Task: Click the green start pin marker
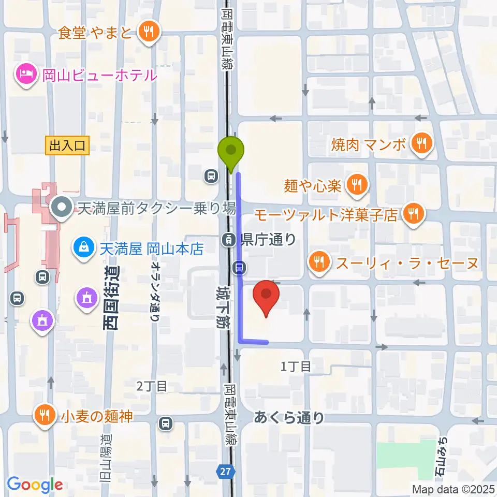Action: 231,152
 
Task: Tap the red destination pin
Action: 266,296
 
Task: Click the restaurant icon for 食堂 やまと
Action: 149,33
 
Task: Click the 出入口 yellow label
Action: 67,145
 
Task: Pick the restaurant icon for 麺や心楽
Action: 356,184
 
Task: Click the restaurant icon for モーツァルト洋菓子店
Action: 413,214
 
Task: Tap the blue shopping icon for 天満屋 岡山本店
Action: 83,247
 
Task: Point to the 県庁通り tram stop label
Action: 269,239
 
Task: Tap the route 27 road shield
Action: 226,471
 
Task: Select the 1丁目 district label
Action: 296,367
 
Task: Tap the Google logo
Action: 35,485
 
